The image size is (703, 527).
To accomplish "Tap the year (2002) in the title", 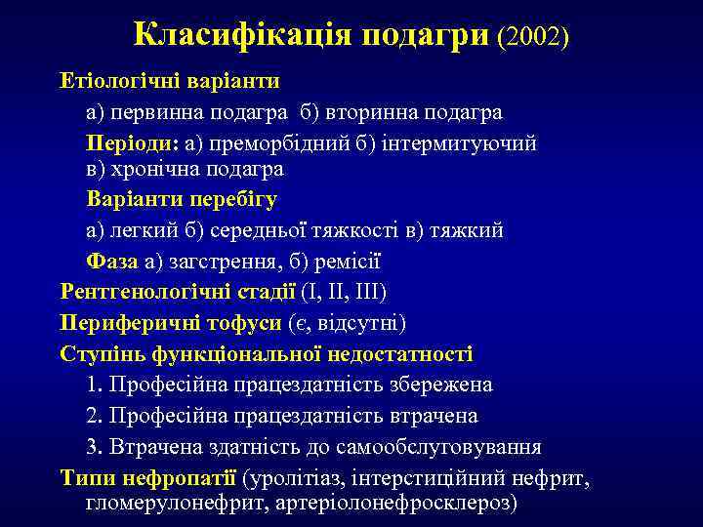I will (x=532, y=36).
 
